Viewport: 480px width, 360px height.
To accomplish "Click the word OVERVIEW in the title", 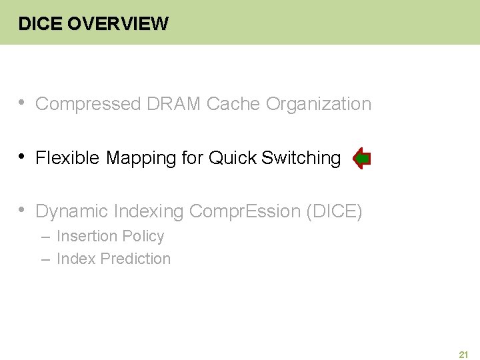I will pyautogui.click(x=118, y=24).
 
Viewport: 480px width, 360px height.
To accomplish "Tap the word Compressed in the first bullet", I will pyautogui.click(x=88, y=104).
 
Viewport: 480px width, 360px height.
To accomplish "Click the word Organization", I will pyautogui.click(x=319, y=105).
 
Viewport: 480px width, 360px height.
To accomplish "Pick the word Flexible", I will pyautogui.click(x=68, y=158).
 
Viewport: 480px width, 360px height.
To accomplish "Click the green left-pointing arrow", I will pyautogui.click(x=361, y=159).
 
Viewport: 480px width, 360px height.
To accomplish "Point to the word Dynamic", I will pyautogui.click(x=71, y=212).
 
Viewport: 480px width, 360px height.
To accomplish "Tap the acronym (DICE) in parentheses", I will pyautogui.click(x=334, y=212).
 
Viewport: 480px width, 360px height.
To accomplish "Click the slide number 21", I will pyautogui.click(x=463, y=355).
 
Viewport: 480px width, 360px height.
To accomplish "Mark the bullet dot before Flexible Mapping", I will pyautogui.click(x=22, y=157).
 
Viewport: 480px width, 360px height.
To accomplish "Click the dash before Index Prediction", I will pyautogui.click(x=46, y=259).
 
